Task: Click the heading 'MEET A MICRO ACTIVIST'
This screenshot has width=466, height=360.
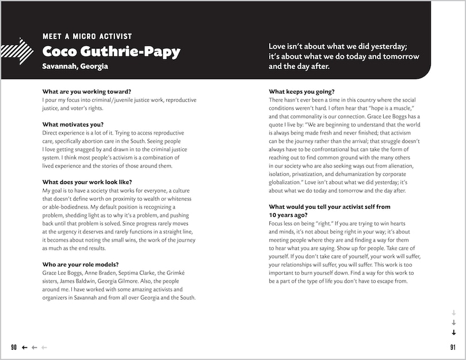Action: (x=87, y=36)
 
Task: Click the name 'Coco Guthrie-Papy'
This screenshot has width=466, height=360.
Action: (x=111, y=52)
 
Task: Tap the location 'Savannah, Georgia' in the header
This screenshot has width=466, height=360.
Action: (x=75, y=66)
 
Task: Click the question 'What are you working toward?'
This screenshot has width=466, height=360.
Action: (x=86, y=91)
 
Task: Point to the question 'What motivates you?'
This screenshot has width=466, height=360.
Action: (x=73, y=124)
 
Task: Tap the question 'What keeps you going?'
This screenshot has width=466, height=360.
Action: (x=301, y=91)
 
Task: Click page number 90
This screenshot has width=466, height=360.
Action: (x=14, y=347)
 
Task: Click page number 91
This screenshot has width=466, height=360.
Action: (x=453, y=347)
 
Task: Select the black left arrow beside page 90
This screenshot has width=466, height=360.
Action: (x=25, y=347)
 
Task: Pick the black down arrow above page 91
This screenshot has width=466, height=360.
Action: (x=453, y=332)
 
